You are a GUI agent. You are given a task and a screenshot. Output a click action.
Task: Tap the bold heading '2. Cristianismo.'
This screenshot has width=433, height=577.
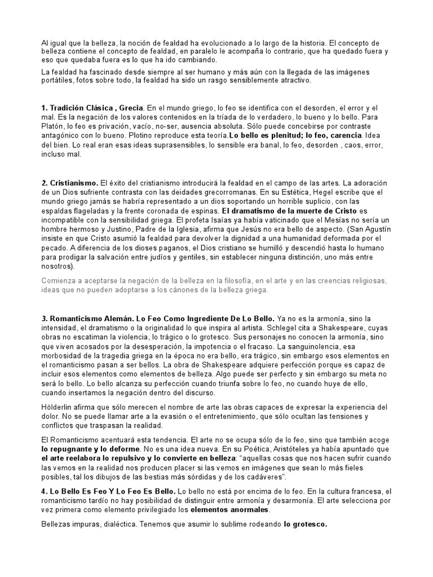click(69, 183)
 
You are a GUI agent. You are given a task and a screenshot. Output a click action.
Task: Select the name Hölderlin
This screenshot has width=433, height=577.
click(58, 407)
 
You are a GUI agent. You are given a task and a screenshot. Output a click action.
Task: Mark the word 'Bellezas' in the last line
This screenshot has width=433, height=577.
click(58, 524)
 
